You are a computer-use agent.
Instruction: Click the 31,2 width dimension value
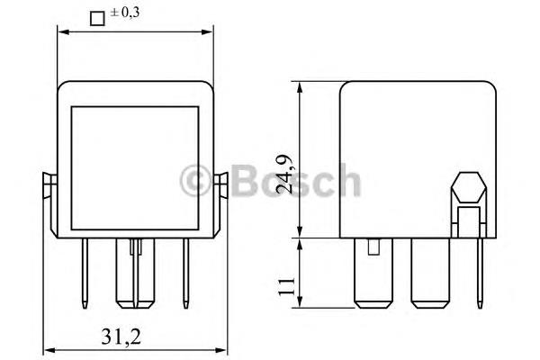[x=121, y=337]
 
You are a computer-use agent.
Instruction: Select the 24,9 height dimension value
[x=286, y=174]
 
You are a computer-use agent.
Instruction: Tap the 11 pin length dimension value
[x=286, y=285]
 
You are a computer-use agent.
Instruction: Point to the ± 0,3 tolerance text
[x=125, y=13]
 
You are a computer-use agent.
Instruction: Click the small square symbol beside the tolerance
[x=97, y=19]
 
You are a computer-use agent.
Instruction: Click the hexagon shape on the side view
[x=469, y=188]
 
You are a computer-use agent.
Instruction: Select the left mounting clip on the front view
[x=50, y=203]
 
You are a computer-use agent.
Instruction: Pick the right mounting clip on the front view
[x=220, y=203]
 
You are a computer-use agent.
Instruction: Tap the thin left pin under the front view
[x=85, y=273]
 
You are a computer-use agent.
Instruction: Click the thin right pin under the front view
[x=186, y=273]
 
